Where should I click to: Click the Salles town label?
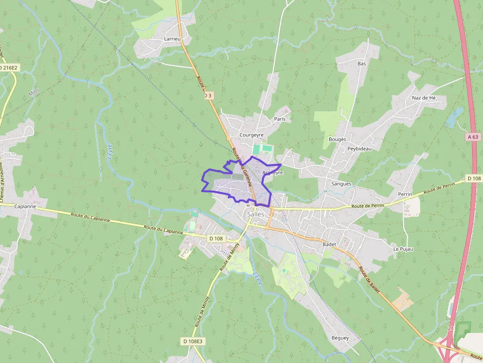[255, 214]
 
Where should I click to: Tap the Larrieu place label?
[173, 38]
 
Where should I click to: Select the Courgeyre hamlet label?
[251, 134]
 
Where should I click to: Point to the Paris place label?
[280, 119]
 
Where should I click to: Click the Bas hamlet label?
[362, 64]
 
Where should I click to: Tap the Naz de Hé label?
[424, 98]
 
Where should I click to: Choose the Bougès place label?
[338, 139]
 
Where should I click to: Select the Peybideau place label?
[359, 148]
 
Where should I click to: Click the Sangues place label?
[342, 184]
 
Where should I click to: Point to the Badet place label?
[329, 244]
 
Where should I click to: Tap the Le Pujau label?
[403, 249]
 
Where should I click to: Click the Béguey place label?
[340, 338]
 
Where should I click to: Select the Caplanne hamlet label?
[25, 206]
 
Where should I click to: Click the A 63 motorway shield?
[474, 137]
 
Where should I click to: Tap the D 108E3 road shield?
[193, 341]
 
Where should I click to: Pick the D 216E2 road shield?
[8, 67]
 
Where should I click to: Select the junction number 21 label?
[450, 328]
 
